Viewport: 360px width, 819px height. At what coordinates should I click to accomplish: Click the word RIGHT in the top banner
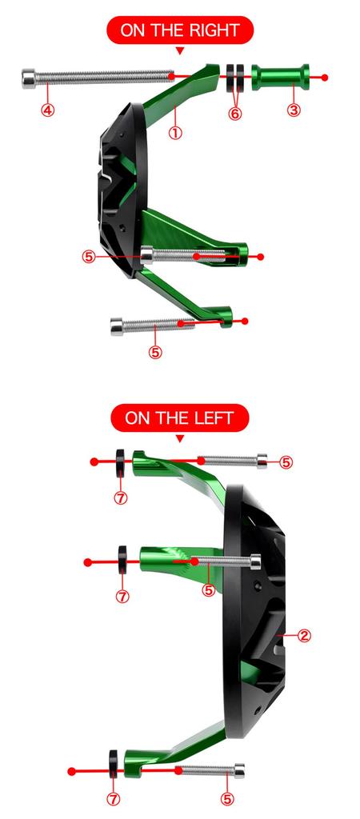pyautogui.click(x=213, y=31)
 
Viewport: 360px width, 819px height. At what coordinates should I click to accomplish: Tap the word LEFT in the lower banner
pyautogui.click(x=213, y=417)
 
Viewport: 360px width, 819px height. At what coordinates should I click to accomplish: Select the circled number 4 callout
pyautogui.click(x=48, y=111)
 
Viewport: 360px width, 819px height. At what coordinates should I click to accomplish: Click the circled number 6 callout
pyautogui.click(x=234, y=114)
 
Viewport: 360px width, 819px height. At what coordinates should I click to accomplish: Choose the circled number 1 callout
pyautogui.click(x=175, y=133)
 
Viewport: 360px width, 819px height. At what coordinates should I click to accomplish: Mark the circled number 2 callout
pyautogui.click(x=304, y=636)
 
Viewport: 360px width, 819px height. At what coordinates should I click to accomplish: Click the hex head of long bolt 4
pyautogui.click(x=30, y=78)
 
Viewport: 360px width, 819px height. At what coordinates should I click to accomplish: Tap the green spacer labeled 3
pyautogui.click(x=280, y=78)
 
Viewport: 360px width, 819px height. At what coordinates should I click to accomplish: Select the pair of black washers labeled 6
pyautogui.click(x=234, y=78)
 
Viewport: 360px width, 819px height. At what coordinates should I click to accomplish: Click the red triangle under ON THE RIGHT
pyautogui.click(x=179, y=51)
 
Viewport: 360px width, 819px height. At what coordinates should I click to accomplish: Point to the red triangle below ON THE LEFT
pyautogui.click(x=179, y=438)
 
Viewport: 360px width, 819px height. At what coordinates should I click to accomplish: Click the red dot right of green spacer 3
pyautogui.click(x=325, y=78)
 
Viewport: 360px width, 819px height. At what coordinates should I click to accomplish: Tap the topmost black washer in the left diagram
pyautogui.click(x=120, y=461)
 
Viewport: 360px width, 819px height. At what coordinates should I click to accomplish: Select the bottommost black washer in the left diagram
pyautogui.click(x=113, y=771)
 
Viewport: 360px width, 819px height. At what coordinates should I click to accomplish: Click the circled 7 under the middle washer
pyautogui.click(x=122, y=596)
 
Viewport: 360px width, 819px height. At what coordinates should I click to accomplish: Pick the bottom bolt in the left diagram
pyautogui.click(x=210, y=771)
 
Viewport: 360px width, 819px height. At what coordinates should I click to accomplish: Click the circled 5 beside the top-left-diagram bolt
pyautogui.click(x=286, y=462)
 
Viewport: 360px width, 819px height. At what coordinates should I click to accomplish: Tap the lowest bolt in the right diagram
pyautogui.click(x=148, y=324)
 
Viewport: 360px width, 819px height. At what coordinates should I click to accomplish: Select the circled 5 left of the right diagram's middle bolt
pyautogui.click(x=89, y=257)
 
